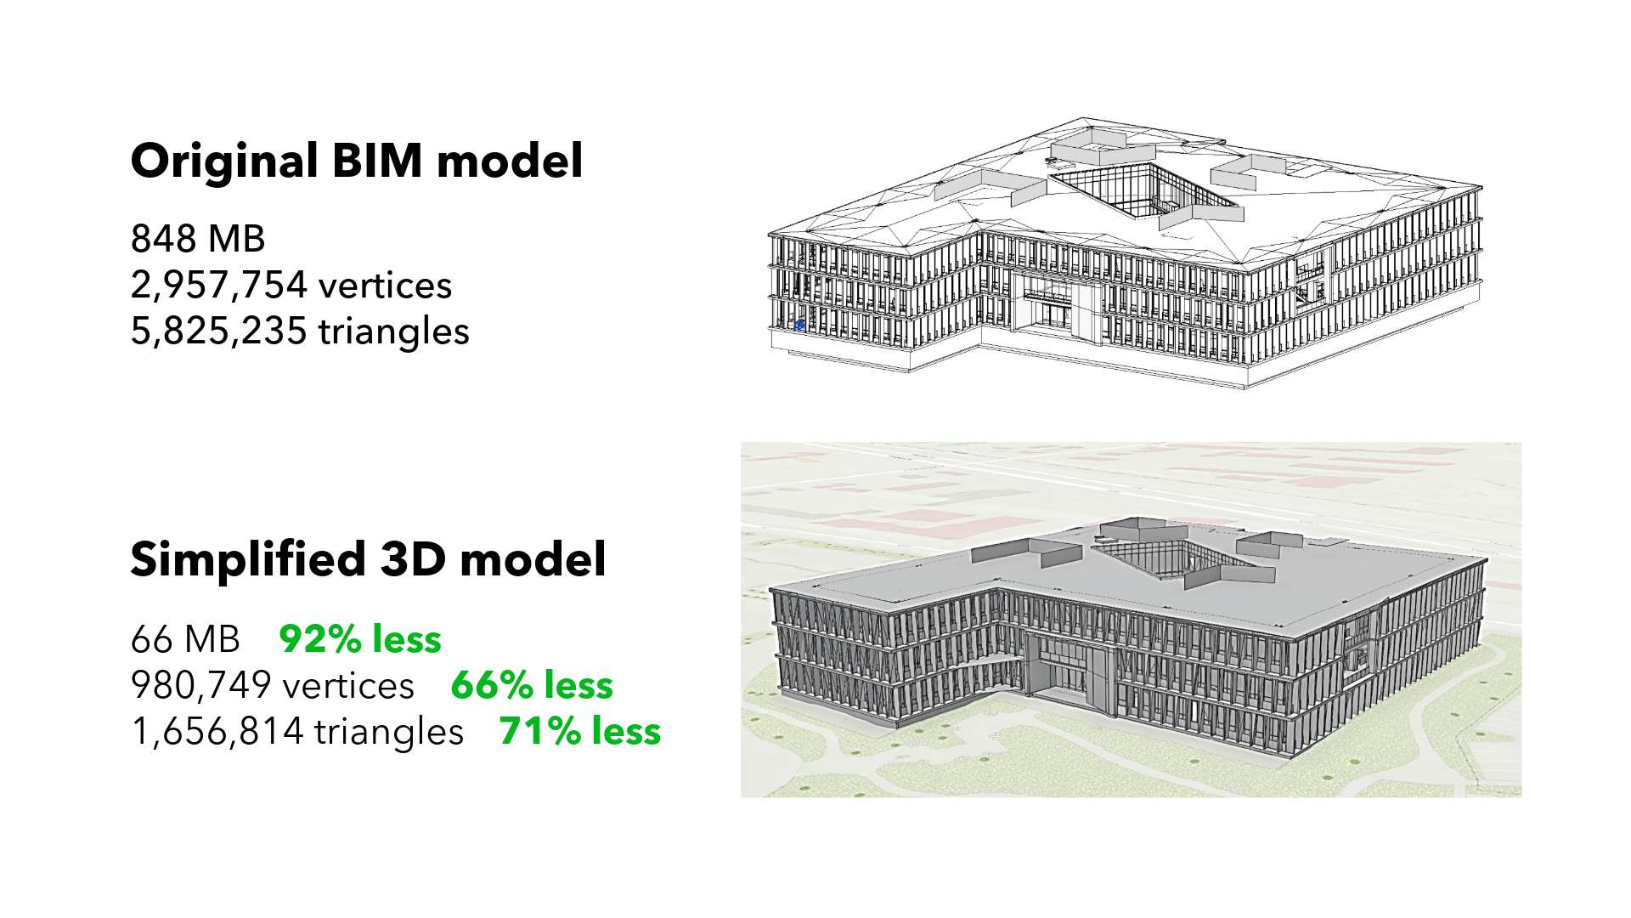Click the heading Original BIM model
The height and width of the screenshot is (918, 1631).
(357, 161)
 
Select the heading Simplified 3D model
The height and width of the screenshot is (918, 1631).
(368, 559)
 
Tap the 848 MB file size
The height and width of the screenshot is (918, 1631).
(198, 239)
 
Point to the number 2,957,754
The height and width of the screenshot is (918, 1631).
(218, 286)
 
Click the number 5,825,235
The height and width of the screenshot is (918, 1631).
(218, 331)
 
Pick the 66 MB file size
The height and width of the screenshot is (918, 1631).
(185, 639)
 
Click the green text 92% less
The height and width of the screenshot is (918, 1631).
(360, 639)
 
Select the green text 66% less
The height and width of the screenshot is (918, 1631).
(532, 685)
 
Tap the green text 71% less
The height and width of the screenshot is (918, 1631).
(579, 731)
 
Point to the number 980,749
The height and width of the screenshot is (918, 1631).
(201, 685)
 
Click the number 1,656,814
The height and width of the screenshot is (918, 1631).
(217, 731)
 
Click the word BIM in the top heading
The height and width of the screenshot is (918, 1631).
(377, 161)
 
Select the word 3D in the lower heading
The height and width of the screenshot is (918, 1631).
(413, 559)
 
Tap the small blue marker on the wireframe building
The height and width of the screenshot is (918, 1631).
(799, 324)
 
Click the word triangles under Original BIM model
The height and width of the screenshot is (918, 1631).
(393, 331)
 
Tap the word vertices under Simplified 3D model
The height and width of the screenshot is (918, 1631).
(348, 685)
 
